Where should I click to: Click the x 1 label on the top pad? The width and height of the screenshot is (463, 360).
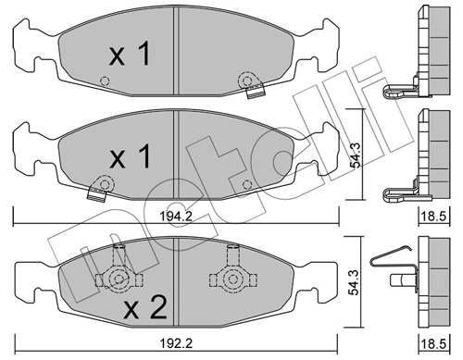tap(131, 56)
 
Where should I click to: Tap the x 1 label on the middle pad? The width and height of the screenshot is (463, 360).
tap(131, 156)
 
